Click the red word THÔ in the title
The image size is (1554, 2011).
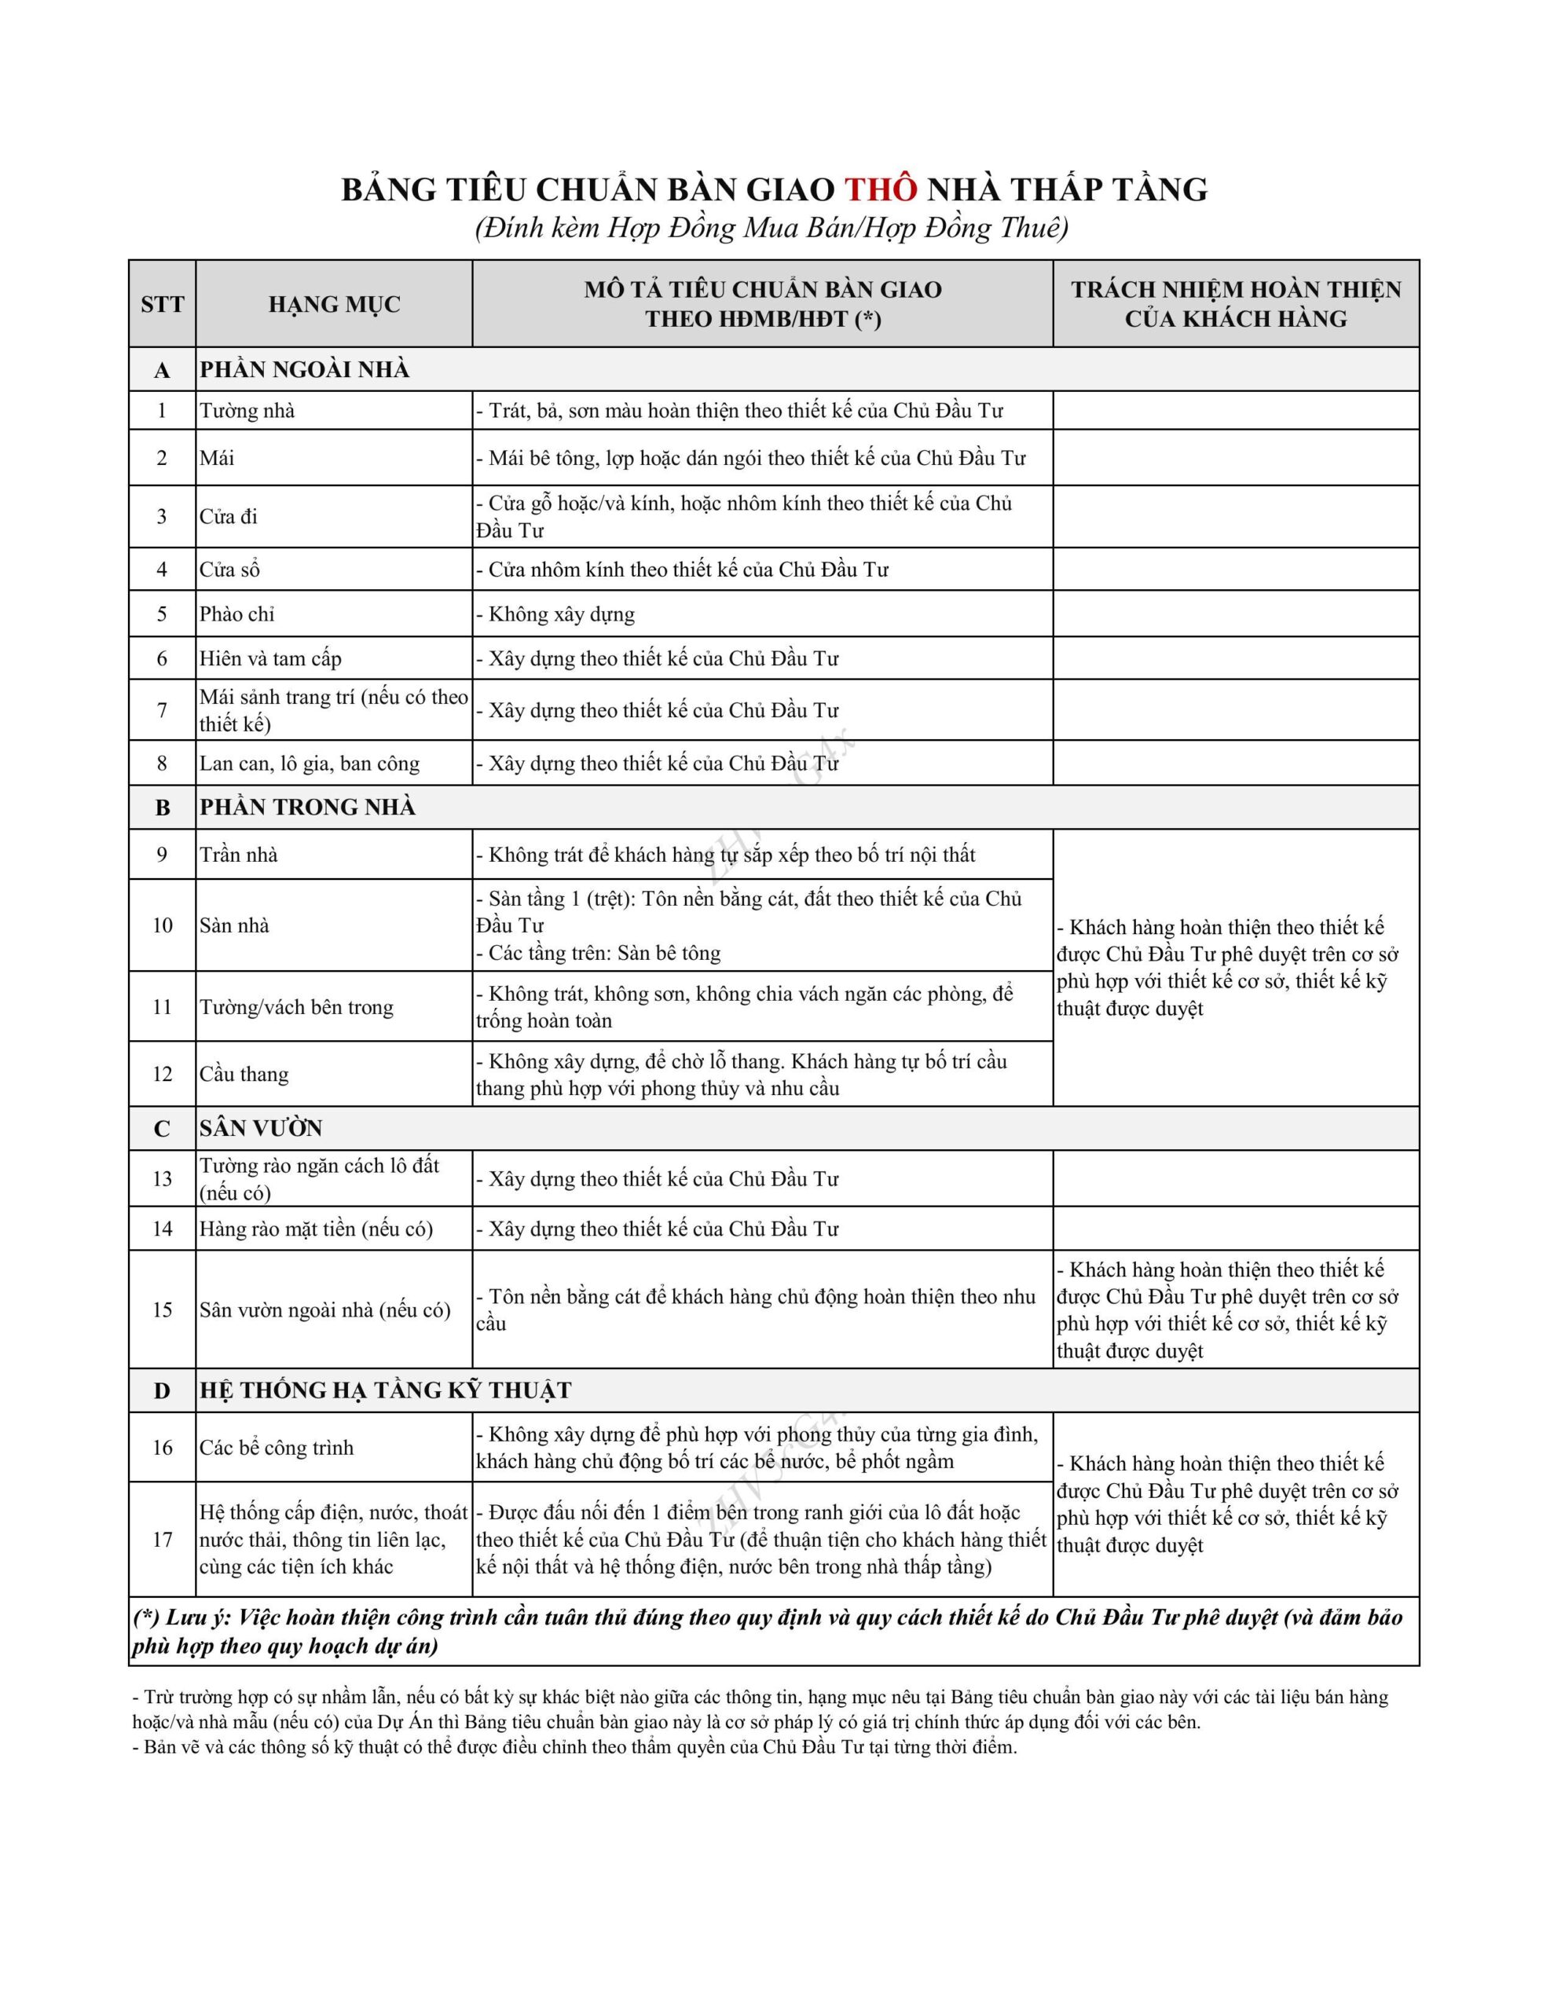tap(881, 189)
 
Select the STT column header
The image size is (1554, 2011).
tap(162, 304)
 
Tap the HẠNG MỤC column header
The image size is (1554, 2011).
tap(335, 304)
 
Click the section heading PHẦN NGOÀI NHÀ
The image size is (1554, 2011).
tap(305, 369)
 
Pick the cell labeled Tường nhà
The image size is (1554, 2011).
tap(247, 411)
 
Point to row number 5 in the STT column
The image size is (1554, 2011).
tap(162, 614)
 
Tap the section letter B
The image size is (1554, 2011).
tap(162, 808)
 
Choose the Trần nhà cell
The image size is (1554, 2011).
tap(239, 855)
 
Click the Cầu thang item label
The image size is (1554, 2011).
tap(244, 1074)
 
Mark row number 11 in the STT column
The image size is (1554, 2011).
tap(162, 1006)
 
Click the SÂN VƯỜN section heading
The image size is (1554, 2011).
tap(262, 1128)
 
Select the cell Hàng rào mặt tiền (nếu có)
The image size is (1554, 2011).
tap(316, 1229)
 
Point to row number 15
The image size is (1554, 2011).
tap(162, 1309)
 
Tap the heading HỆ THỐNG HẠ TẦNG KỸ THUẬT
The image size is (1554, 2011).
tap(386, 1390)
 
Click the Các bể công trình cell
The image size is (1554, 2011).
tap(277, 1448)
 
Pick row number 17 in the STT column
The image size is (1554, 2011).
tap(162, 1539)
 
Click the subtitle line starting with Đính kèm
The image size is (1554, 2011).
tap(772, 228)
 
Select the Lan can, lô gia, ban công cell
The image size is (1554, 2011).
tap(310, 764)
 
